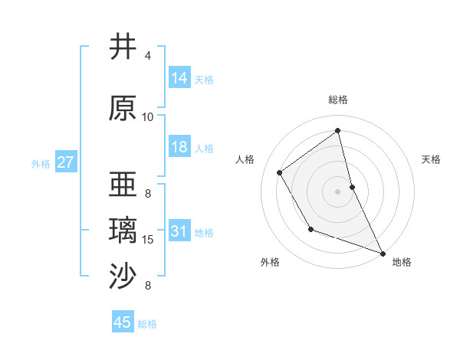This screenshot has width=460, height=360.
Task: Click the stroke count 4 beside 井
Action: click(x=148, y=56)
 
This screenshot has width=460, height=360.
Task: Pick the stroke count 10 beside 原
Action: click(x=148, y=117)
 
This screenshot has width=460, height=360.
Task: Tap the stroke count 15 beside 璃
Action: click(x=148, y=240)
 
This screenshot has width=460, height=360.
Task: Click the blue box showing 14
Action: click(x=179, y=78)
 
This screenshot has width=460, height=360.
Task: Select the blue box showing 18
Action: click(x=179, y=147)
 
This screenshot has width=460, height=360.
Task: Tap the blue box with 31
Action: click(x=179, y=231)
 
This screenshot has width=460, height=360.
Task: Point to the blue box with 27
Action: click(x=65, y=162)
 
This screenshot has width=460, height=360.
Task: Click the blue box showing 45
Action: click(x=123, y=322)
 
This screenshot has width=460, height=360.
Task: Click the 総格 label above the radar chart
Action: click(x=338, y=100)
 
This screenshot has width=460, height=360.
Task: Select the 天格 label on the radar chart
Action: click(x=432, y=159)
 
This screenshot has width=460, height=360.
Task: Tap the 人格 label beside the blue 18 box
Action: click(x=204, y=149)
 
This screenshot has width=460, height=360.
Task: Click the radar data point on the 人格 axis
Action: click(x=280, y=173)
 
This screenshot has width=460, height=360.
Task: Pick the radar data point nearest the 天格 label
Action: click(x=352, y=186)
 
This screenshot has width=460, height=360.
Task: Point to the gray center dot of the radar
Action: click(x=338, y=191)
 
